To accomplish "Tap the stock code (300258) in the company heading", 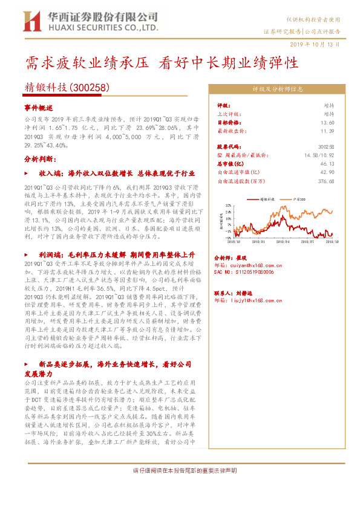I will tap(89, 88).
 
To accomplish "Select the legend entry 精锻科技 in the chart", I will tap(266, 198).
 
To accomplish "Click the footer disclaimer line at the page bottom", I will tap(180, 470).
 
